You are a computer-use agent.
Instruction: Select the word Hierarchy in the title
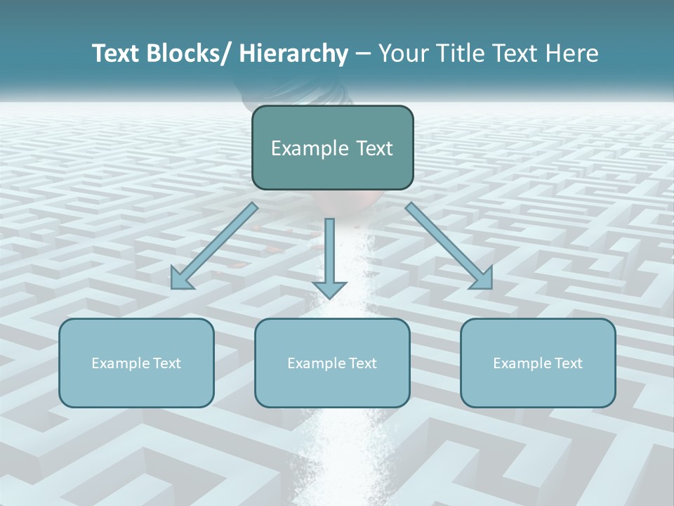click(x=293, y=53)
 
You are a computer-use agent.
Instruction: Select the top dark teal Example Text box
click(x=332, y=148)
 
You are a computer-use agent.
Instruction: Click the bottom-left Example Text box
click(x=136, y=363)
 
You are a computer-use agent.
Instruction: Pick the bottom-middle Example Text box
click(x=332, y=363)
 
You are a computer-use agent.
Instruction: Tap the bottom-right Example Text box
click(x=538, y=363)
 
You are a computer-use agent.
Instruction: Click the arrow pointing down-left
click(x=214, y=246)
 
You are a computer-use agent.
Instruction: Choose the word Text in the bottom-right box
click(x=567, y=363)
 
